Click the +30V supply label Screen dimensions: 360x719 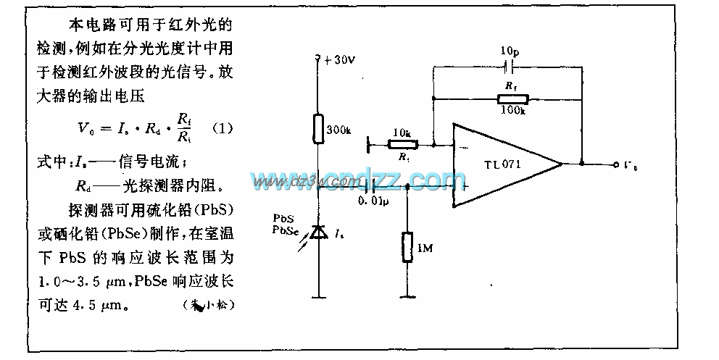pyautogui.click(x=339, y=60)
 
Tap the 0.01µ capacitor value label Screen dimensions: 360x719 pyautogui.click(x=375, y=201)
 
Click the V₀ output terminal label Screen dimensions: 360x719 pyautogui.click(x=632, y=165)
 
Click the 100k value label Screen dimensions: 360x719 pyautogui.click(x=512, y=110)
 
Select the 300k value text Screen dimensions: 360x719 pyautogui.click(x=339, y=130)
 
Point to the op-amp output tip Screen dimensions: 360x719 pyautogui.click(x=562, y=164)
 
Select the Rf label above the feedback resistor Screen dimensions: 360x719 pyautogui.click(x=511, y=85)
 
